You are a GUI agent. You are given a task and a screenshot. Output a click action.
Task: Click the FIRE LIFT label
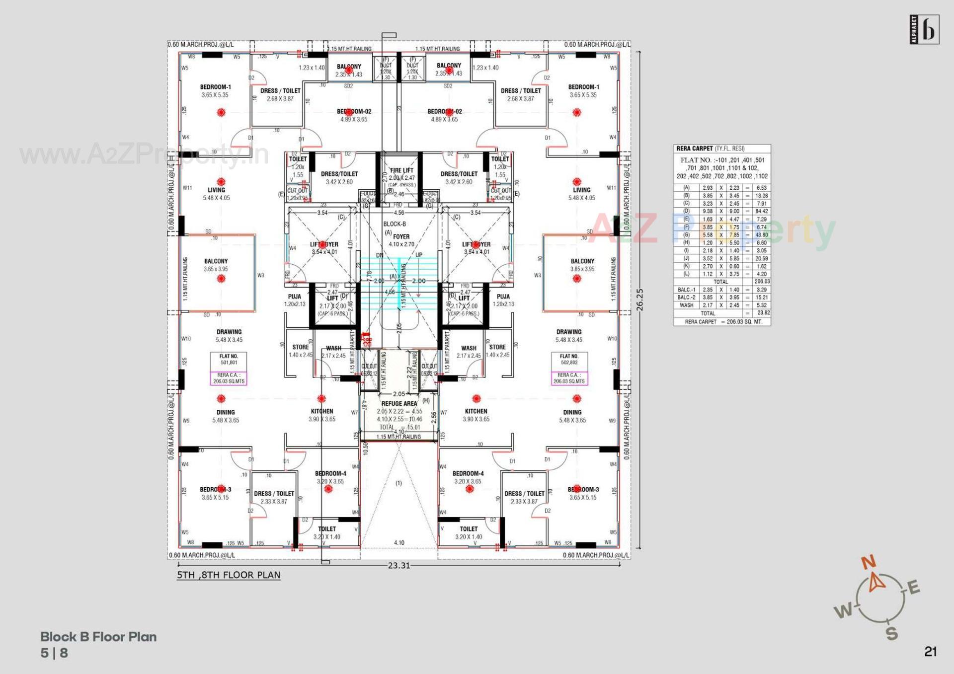tap(401, 170)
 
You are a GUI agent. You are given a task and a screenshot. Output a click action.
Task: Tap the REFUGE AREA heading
tap(399, 404)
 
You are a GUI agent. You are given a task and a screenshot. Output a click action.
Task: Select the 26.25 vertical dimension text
tap(640, 300)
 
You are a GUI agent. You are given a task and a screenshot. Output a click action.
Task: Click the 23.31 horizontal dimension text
tap(399, 565)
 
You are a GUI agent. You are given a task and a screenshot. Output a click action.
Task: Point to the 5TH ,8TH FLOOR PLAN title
tap(229, 575)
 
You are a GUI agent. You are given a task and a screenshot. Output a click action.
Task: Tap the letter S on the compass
tap(892, 633)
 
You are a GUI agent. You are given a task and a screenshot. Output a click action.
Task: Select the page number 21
tap(931, 652)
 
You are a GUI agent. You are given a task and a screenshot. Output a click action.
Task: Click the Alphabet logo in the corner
tap(925, 30)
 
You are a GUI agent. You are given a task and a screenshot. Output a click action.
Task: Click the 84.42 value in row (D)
tap(761, 211)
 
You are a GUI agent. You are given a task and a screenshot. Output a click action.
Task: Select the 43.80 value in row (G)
tap(761, 235)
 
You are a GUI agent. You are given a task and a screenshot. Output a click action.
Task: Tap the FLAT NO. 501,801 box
tap(229, 360)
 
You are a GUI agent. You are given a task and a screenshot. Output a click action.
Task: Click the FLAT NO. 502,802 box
tap(569, 360)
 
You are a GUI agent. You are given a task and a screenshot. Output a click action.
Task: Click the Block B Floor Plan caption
tap(98, 637)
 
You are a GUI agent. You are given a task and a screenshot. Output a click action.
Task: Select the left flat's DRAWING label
tap(229, 332)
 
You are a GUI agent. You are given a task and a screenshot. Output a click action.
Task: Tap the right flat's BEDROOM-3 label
tap(583, 489)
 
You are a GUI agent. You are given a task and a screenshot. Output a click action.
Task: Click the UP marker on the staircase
tap(419, 255)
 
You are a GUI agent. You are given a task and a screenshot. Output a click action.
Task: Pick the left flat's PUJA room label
tap(294, 297)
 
